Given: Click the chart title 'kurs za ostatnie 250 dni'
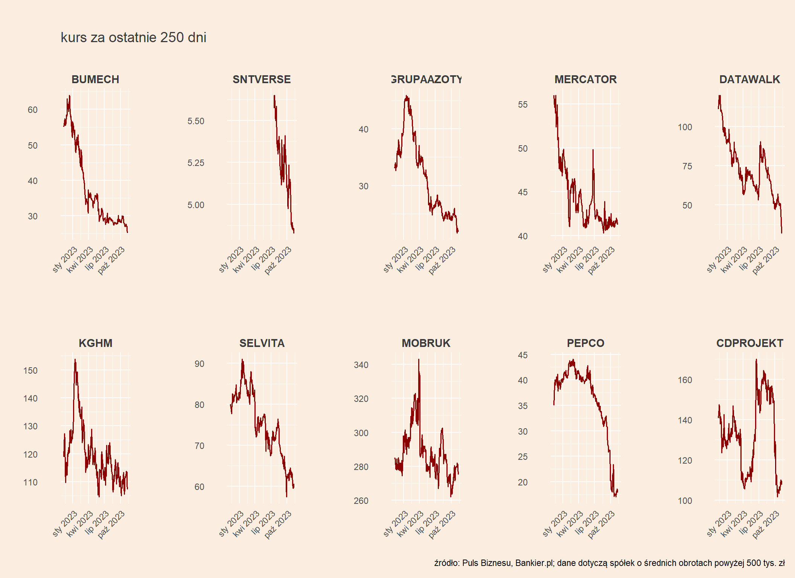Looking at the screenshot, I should point(133,38).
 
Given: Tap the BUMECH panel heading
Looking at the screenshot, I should point(95,79).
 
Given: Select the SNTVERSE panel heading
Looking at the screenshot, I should point(262,79).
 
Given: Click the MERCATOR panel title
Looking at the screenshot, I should point(585,79).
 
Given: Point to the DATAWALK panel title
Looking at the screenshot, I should point(749,79).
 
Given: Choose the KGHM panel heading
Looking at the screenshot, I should point(95,343).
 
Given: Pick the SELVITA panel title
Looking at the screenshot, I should point(262,343).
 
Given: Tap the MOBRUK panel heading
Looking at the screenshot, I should point(426,343).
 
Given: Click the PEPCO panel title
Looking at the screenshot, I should point(585,343).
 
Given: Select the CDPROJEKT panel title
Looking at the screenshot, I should point(749,343).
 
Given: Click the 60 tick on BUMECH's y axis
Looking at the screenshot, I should point(33,110).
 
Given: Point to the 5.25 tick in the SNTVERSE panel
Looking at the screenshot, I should point(196,163).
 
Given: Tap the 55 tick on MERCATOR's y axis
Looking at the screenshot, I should point(522,105).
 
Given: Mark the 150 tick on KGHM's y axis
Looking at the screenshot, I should point(30,371).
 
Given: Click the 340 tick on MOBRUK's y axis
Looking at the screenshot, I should point(361,365).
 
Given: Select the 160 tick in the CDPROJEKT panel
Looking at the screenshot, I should point(685,380).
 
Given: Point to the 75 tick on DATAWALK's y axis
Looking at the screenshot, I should point(687,166).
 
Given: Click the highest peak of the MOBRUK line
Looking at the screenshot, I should point(419,360).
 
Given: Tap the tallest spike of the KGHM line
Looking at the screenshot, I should point(75,360).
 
